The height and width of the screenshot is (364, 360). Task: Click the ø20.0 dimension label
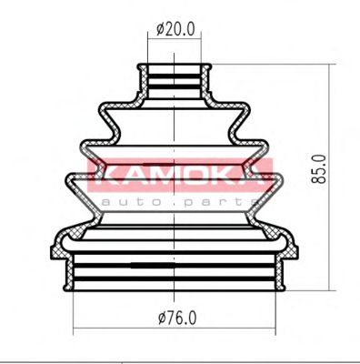point(175,29)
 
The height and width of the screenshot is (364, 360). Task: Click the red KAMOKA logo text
point(180,170)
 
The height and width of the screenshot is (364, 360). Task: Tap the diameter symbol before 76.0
point(161,317)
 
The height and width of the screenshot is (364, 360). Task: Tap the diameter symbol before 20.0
point(161,29)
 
